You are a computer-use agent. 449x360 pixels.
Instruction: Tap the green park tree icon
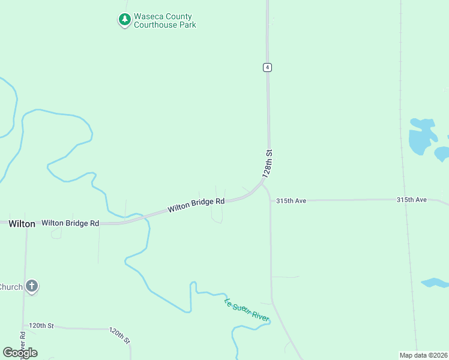click(124, 20)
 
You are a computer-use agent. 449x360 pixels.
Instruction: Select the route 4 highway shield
click(267, 67)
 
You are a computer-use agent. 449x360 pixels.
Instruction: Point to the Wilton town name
click(22, 223)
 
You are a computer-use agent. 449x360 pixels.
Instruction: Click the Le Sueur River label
click(247, 310)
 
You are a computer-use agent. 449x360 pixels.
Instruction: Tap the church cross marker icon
click(32, 287)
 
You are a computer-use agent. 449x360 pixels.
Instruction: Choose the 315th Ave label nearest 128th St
click(291, 201)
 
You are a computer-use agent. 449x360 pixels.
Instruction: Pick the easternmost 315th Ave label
click(411, 199)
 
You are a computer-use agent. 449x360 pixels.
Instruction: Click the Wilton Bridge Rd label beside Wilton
click(70, 223)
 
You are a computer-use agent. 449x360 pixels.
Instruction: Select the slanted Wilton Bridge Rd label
click(196, 205)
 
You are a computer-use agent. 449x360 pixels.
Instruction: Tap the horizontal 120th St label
click(41, 325)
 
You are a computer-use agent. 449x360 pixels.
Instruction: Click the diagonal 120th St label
click(120, 335)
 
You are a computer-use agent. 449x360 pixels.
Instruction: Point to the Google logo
click(20, 353)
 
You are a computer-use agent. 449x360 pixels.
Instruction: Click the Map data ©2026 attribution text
click(423, 355)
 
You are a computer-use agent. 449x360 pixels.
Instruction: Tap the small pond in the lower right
click(435, 283)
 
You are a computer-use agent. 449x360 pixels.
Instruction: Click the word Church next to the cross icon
click(11, 287)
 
